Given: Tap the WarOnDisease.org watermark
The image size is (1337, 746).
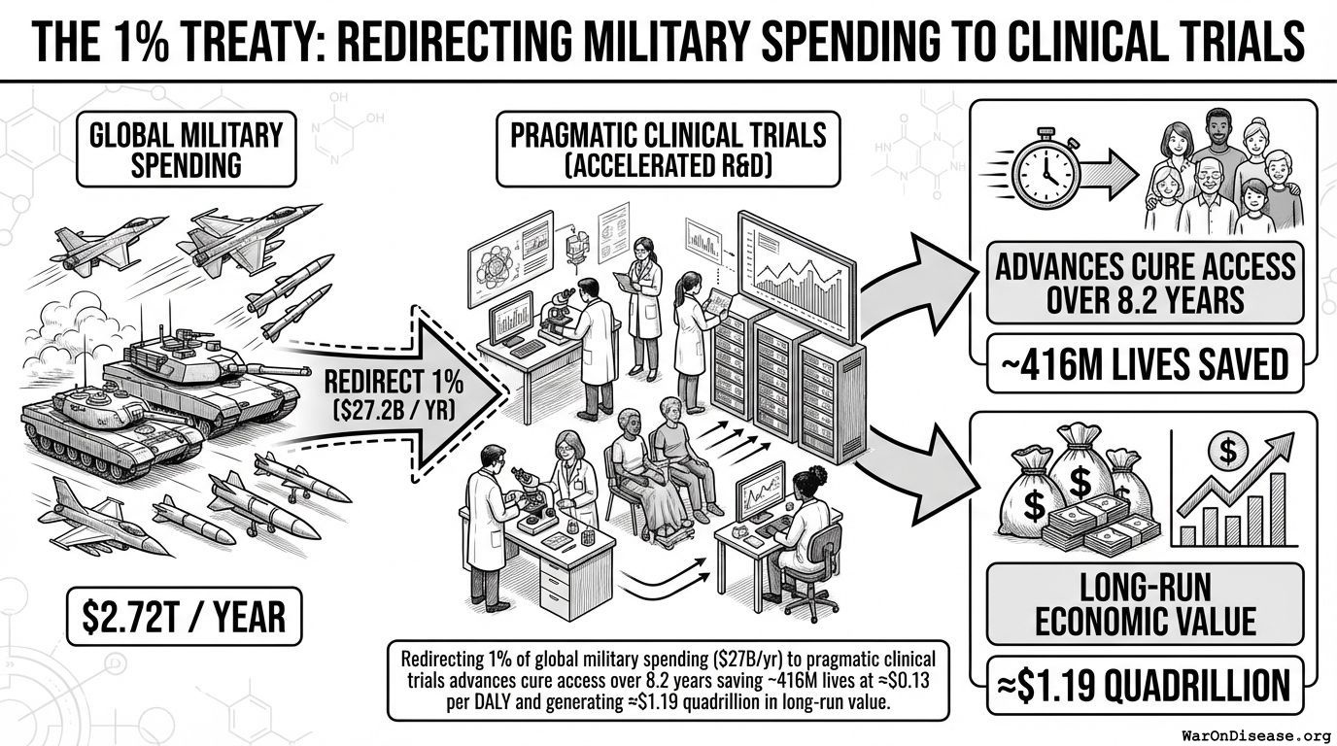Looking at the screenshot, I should click(x=1255, y=734).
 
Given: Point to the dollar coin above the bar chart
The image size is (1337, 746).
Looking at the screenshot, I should click(x=1227, y=450).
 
